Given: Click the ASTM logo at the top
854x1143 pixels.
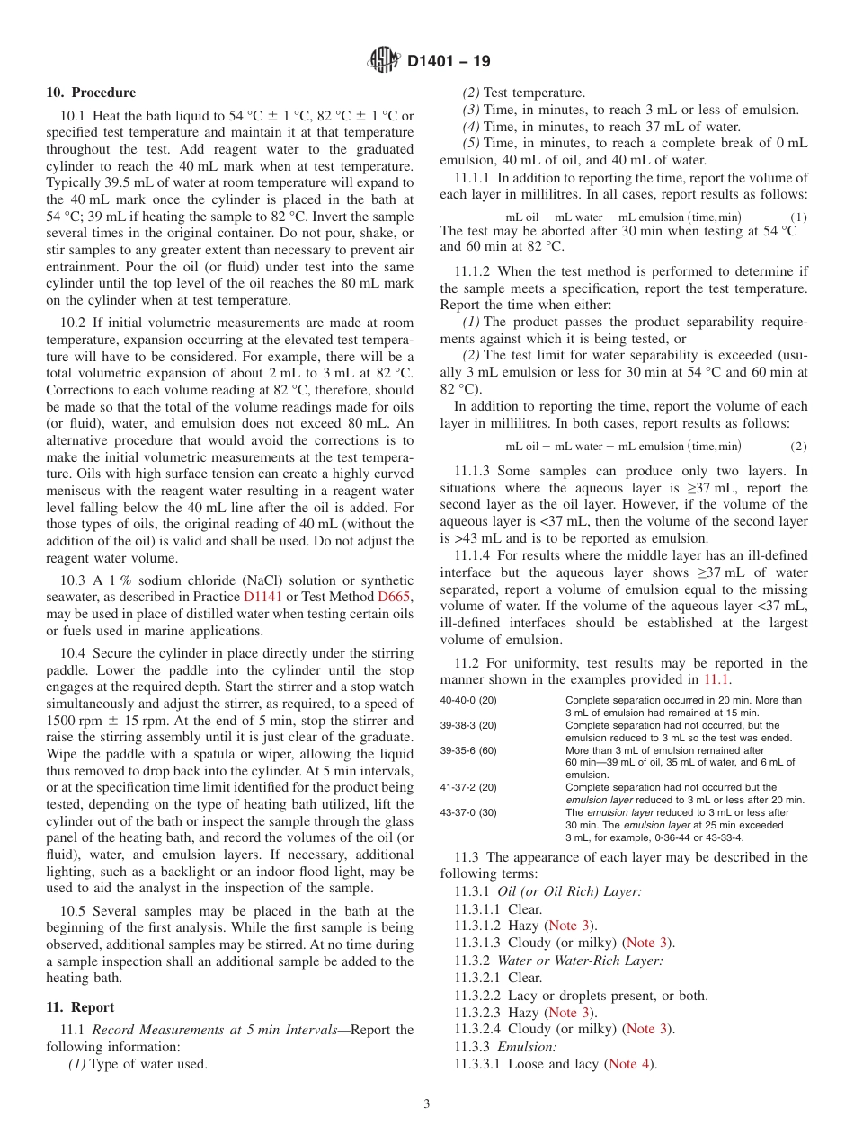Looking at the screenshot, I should [384, 61].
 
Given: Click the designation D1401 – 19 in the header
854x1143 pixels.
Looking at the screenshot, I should [449, 62].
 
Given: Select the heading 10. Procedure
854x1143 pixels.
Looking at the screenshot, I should [91, 93].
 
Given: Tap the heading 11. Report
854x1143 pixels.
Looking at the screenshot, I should [80, 1007].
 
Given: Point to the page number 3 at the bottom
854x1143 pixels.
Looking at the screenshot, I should [427, 1104].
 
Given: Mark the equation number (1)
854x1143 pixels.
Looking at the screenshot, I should [798, 217].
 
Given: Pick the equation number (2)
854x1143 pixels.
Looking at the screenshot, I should [798, 447].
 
